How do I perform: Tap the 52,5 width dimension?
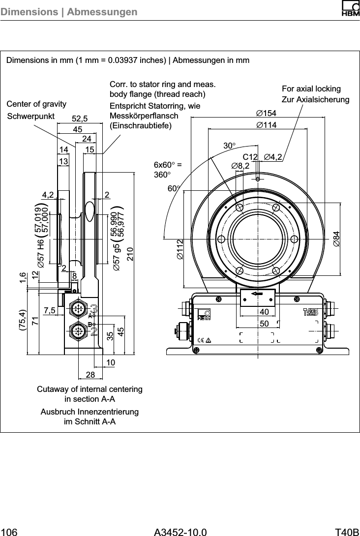pos(80,119)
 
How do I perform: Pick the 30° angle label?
pos(230,146)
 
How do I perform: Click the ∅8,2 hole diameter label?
pos(240,166)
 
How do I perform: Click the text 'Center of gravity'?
pos(36,104)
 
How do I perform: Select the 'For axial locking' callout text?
pos(311,89)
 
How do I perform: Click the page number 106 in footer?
pos(10,532)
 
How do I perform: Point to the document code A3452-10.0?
pos(180,532)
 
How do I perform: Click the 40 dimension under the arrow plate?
pos(264,313)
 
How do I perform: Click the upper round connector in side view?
pos(78,309)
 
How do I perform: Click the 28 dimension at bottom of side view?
pos(90,375)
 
